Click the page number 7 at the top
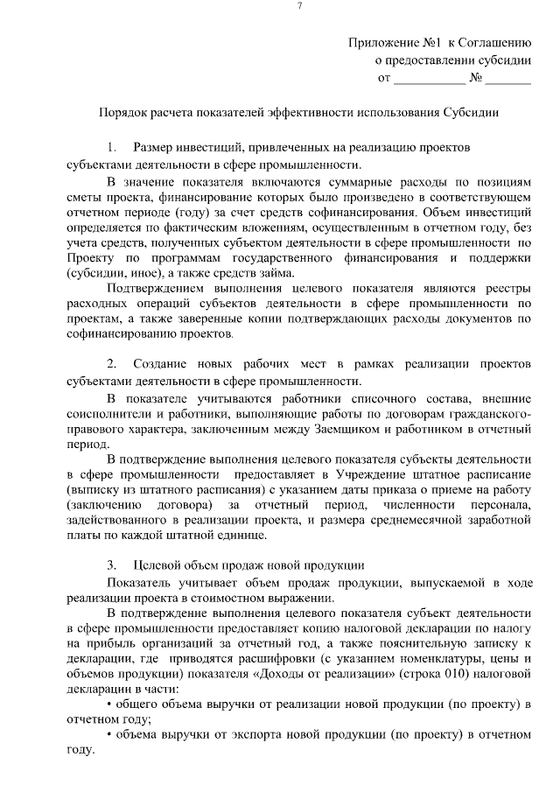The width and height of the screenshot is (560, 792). point(299,7)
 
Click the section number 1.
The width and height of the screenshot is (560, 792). point(111,147)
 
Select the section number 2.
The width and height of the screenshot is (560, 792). point(112,362)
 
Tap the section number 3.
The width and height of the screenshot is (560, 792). point(112,564)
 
